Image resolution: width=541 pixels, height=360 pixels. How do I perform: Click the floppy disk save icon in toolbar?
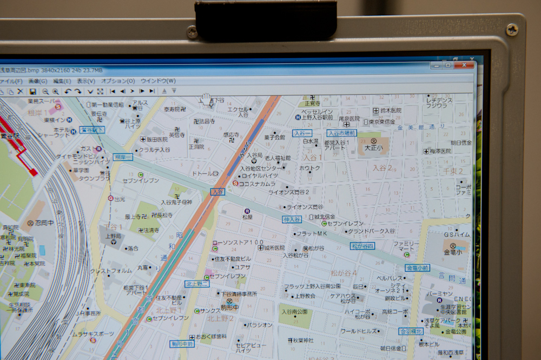point(32,91)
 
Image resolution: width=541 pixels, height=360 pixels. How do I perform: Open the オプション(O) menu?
point(118,81)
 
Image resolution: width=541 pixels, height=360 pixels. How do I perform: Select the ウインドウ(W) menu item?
point(158,81)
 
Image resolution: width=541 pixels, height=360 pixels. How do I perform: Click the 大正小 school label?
point(373,147)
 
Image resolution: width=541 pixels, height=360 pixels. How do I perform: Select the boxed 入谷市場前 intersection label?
point(341,133)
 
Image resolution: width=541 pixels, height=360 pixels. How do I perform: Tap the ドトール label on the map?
point(203,173)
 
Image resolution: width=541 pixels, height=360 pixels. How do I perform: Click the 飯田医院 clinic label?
point(154,139)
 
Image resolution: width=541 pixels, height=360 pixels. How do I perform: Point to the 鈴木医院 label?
point(391,110)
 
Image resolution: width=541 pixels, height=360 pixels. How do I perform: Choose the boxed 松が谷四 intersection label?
point(362,246)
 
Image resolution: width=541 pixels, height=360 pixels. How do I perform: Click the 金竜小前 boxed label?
point(418,267)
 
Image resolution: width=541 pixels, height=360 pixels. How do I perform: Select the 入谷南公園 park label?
point(294,312)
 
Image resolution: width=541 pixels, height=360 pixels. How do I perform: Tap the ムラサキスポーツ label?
point(93,333)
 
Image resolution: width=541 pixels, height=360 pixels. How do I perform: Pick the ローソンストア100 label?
point(237,243)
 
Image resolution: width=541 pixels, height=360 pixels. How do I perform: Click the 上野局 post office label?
point(113,237)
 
